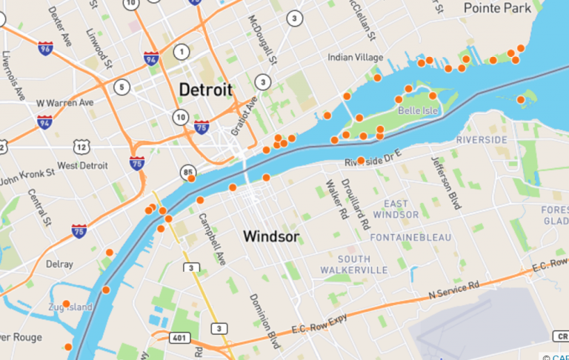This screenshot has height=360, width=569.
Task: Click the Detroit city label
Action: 205,90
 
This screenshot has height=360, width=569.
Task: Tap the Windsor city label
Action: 271,237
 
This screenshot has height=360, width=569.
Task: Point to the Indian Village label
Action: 356,58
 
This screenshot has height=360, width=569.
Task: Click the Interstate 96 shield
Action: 46,48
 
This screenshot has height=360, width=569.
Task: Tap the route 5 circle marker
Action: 122,87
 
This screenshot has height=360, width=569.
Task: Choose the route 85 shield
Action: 188,173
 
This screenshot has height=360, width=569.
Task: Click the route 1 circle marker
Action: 181,52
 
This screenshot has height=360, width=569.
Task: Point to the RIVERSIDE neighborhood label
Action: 482,139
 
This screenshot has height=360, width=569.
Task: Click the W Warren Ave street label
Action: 65,102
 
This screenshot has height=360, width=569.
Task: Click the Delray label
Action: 59,264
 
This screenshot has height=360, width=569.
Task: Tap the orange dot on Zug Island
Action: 66,303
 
